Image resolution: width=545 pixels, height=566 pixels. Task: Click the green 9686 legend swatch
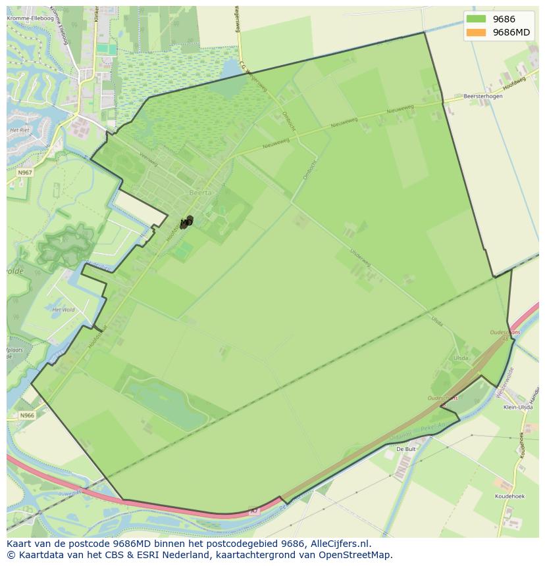(476, 19)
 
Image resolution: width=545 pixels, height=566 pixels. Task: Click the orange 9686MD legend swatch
(476, 32)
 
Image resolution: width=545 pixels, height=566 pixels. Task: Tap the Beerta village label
(200, 193)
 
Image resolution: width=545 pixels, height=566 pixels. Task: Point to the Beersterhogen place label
(482, 96)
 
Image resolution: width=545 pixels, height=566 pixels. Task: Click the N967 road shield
(25, 172)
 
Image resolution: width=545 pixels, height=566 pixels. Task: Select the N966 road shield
(26, 415)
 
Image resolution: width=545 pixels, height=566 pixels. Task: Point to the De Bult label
(405, 448)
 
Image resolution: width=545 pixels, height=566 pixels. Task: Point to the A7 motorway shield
(255, 510)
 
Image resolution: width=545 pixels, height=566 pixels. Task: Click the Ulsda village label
(461, 358)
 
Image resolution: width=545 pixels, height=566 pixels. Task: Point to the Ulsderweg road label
(361, 257)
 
